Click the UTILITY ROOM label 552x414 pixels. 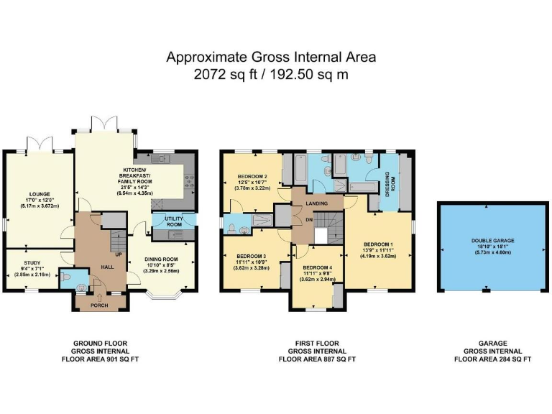[175, 221]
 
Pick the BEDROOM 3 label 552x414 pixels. [250, 256]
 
